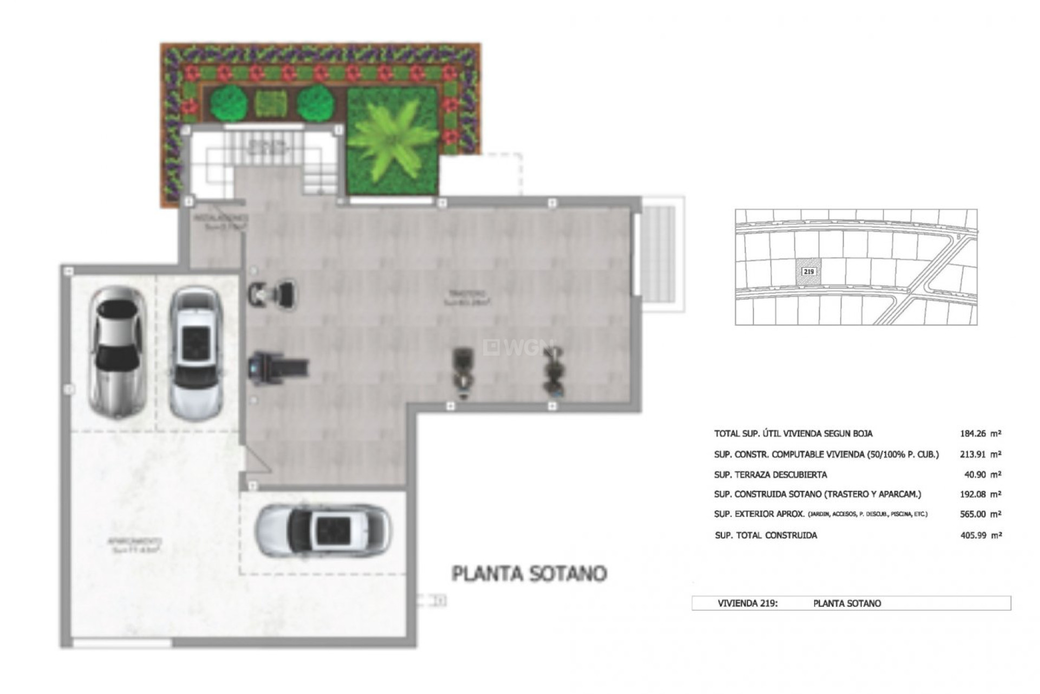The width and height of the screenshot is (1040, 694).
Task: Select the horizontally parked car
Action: [x=323, y=531]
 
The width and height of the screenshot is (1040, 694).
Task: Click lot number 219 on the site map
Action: [x=808, y=271]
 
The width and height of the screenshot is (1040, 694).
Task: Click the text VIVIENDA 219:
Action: [x=747, y=603]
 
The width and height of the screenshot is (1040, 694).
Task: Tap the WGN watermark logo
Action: [x=518, y=348]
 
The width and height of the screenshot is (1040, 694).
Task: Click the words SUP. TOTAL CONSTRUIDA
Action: [x=766, y=535]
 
